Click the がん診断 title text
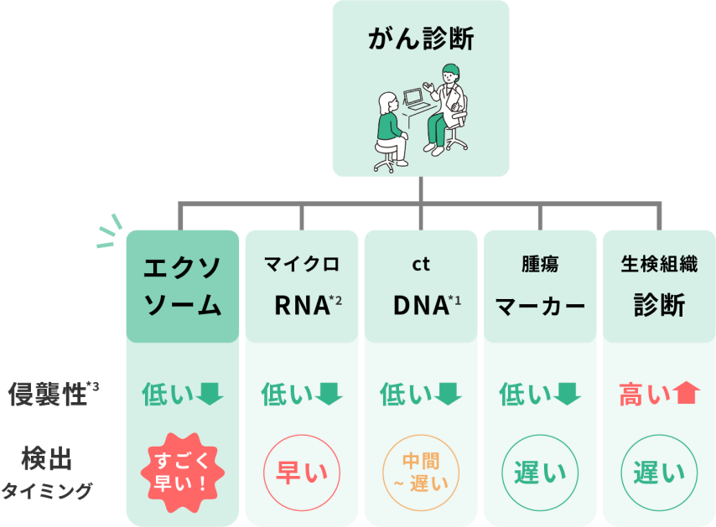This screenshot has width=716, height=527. [420, 39]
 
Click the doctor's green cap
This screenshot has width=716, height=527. [450, 70]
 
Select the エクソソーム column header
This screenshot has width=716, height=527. [183, 286]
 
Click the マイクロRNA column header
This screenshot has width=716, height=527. [302, 286]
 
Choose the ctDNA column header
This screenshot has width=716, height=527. [421, 286]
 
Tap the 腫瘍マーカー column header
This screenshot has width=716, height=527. [540, 286]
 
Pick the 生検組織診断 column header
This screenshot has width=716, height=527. [659, 286]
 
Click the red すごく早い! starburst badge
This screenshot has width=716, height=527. [183, 473]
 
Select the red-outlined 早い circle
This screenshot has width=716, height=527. [302, 473]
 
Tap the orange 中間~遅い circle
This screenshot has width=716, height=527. [421, 473]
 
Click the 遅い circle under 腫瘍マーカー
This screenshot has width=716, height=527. [540, 473]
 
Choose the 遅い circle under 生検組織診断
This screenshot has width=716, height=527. [659, 473]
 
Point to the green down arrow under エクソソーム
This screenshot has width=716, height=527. [210, 393]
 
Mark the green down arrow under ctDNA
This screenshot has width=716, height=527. [448, 393]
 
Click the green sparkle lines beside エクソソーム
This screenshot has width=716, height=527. [108, 232]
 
